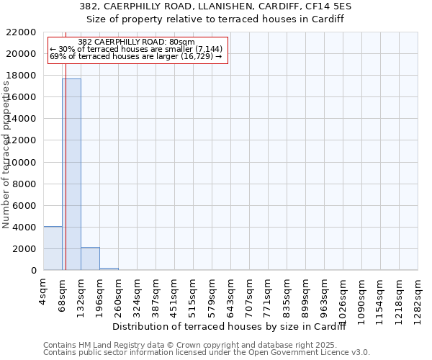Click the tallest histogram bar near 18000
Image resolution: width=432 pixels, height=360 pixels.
pos(71,174)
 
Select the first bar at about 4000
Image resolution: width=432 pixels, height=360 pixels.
pos(53,248)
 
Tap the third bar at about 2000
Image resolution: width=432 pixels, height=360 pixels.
pos(90,258)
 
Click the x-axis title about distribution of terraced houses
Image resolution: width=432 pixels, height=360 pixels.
pos(230,327)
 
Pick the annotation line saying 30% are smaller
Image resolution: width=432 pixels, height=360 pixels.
pos(136,49)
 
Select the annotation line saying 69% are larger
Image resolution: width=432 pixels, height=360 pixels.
pos(136,56)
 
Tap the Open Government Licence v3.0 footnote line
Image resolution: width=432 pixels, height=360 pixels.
pos(207,352)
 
